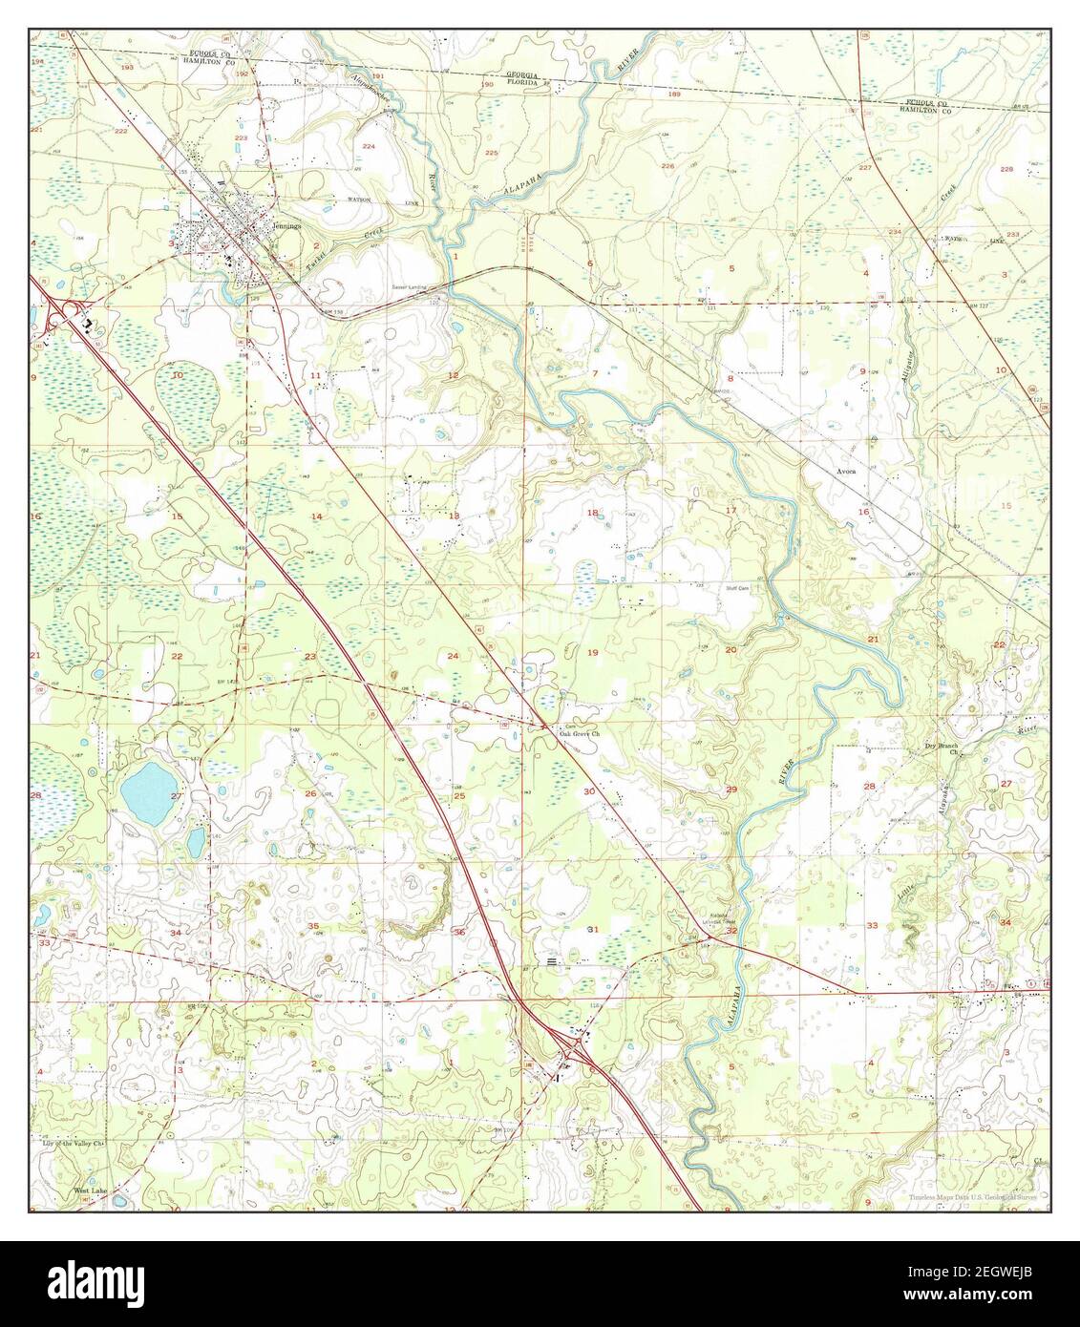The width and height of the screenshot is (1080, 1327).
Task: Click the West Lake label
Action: pyautogui.click(x=92, y=1191)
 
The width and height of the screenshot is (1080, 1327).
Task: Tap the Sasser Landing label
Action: pyautogui.click(x=409, y=286)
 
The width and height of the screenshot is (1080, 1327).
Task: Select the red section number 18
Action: pyautogui.click(x=592, y=513)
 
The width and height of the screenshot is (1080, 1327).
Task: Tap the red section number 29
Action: pyautogui.click(x=731, y=790)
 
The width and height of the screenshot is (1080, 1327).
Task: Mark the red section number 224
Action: pyautogui.click(x=368, y=146)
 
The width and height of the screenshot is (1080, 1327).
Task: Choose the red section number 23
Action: pyautogui.click(x=310, y=656)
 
